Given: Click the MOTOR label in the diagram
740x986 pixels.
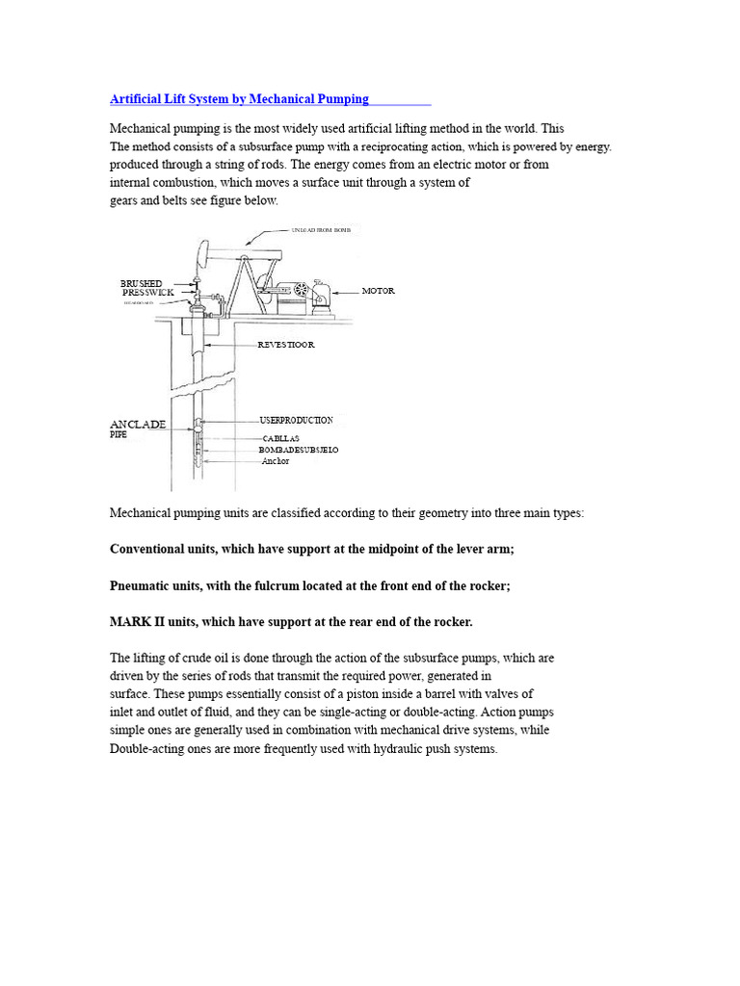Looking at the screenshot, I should point(378,291).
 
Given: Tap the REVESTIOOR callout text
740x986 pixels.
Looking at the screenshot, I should point(286,344).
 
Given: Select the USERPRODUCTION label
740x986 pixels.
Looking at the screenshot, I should point(296,421).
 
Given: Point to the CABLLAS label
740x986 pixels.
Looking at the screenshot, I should point(280,438).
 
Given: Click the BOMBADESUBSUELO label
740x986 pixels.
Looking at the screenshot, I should point(298,450).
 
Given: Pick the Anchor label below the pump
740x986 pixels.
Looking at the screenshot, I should point(275,461).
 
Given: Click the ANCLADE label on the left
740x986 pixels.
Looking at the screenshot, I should point(138,424).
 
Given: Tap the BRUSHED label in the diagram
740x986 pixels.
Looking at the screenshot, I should point(141,283).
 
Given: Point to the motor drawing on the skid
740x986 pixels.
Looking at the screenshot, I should point(320,292).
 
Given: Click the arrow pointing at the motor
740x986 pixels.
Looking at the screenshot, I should point(346,291).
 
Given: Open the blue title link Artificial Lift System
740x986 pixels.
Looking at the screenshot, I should point(240,99).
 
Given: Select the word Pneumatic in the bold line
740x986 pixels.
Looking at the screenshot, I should point(137,585).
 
